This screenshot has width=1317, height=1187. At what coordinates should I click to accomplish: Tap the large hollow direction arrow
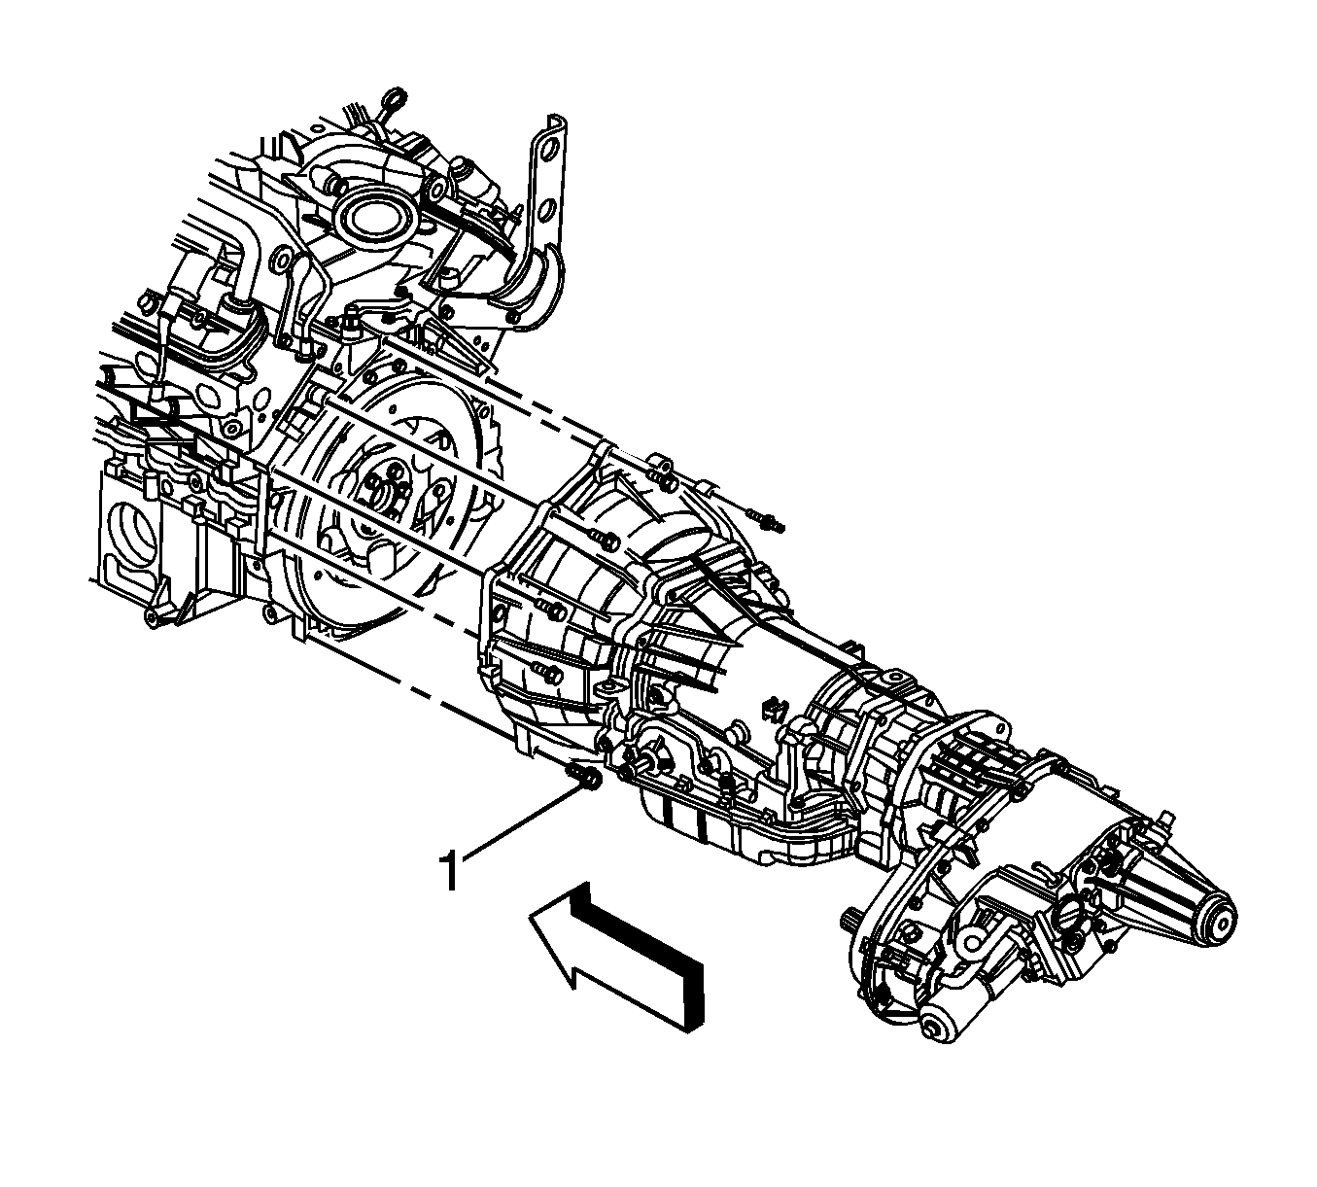(618, 965)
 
